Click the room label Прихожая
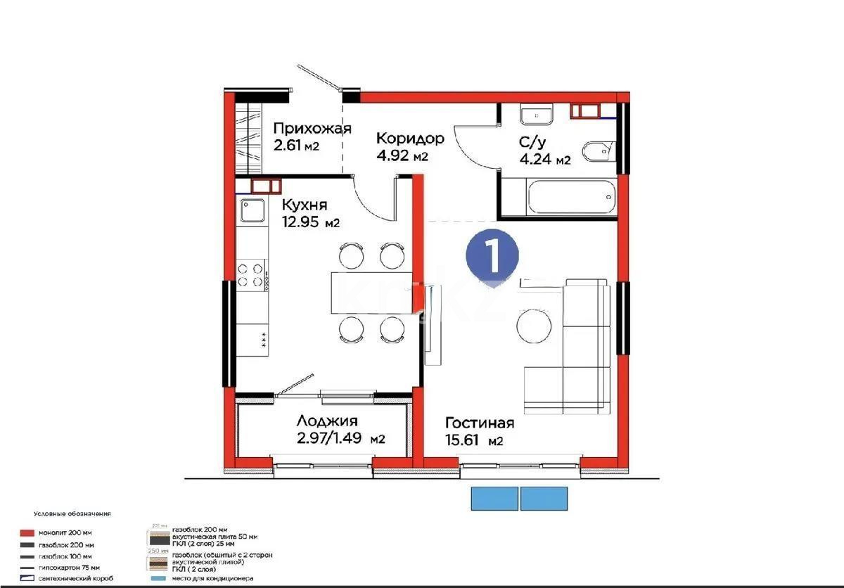[x=312, y=128]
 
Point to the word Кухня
[x=305, y=205]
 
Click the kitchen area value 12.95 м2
[x=311, y=223]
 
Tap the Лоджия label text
[x=326, y=421]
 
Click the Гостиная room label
[x=479, y=423]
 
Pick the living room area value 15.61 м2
[x=473, y=441]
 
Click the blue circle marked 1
[x=492, y=256]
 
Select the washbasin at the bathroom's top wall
[x=537, y=113]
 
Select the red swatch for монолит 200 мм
[x=28, y=533]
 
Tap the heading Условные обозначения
[x=72, y=514]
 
